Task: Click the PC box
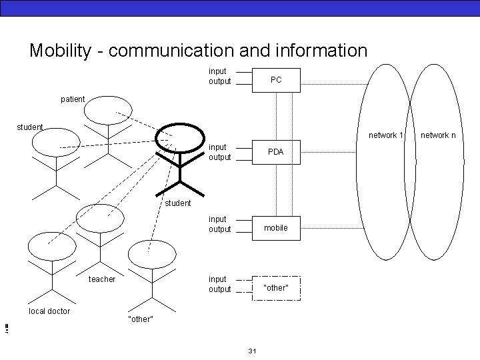[276, 79]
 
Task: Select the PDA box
[276, 152]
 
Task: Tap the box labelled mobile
[276, 228]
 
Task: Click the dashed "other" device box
[276, 288]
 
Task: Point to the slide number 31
[252, 351]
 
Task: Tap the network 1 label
[387, 135]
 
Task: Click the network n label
[439, 135]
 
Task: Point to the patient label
[73, 99]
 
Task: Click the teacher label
[102, 279]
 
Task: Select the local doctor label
[49, 311]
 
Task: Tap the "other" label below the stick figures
[140, 319]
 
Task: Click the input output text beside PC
[219, 76]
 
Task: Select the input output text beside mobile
[219, 224]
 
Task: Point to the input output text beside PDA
[219, 152]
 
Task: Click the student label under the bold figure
[178, 203]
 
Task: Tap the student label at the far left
[30, 127]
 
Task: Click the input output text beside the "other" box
[219, 284]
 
